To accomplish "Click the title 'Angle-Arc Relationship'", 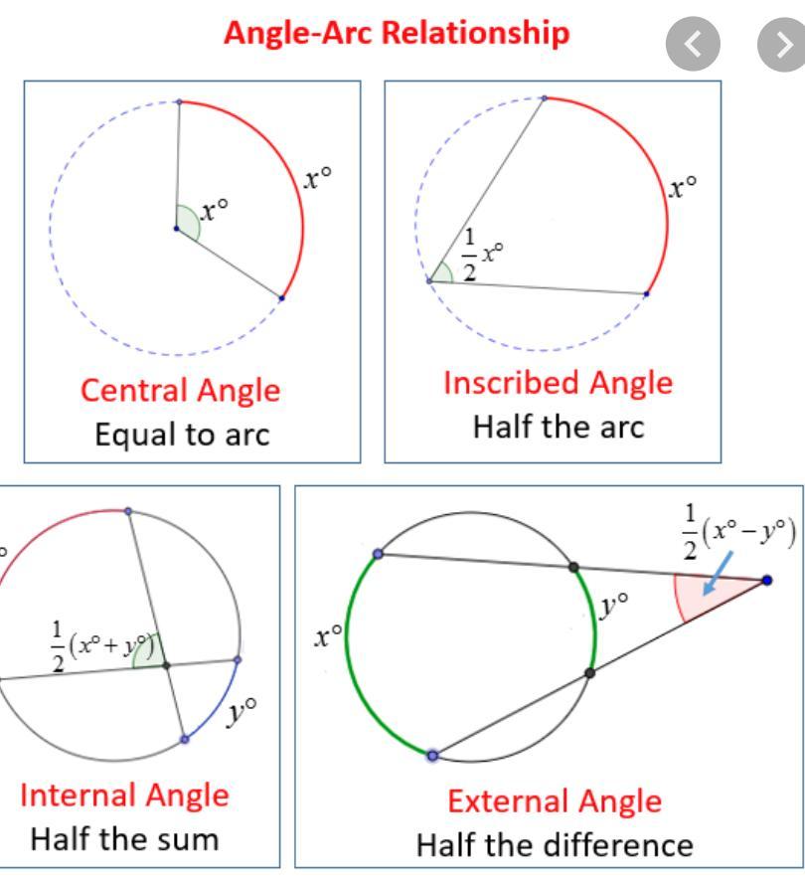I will pos(397,34).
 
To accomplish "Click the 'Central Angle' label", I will pos(180,391).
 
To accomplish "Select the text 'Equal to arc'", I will pos(180,434).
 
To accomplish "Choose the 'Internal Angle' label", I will pos(124,795).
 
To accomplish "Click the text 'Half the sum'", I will pos(124,838).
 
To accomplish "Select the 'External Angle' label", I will pos(555,800).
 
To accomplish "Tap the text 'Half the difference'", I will pos(555,844).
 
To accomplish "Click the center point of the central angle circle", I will pos(176,229).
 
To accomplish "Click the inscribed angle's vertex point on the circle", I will pos(429,281).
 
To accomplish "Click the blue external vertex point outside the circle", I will pos(767,580).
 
